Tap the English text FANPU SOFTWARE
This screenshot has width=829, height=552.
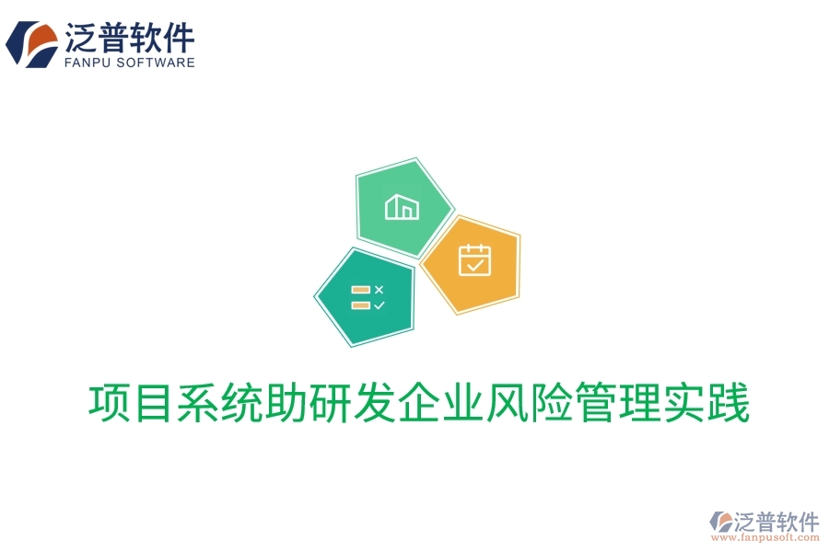(130, 63)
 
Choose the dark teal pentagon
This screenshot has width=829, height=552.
(366, 296)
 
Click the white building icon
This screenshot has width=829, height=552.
(402, 207)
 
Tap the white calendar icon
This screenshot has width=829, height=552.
(475, 260)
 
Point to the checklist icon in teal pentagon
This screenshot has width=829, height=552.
(368, 296)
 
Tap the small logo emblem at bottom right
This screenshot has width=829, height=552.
(721, 523)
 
